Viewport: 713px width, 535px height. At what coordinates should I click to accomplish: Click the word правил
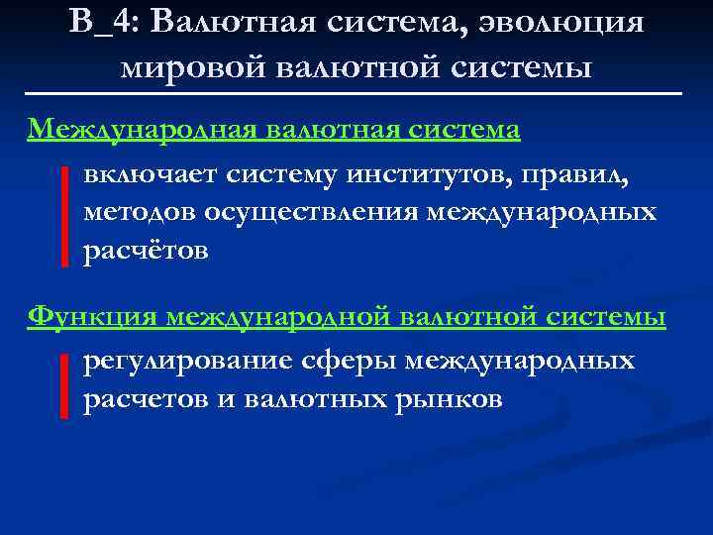571,176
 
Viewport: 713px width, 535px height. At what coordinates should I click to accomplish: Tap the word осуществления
313,213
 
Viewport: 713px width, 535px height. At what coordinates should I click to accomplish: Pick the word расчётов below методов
145,251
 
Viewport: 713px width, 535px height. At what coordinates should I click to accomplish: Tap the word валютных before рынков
323,399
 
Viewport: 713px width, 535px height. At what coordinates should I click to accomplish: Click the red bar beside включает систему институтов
64,216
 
